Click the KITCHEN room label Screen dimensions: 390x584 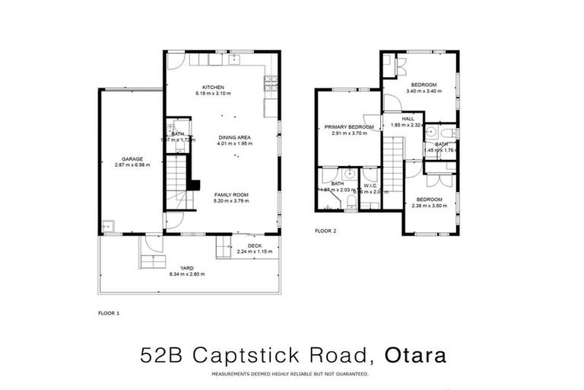[212, 87]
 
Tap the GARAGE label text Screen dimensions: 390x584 [132, 158]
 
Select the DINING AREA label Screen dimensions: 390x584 [233, 137]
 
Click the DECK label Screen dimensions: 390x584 [254, 246]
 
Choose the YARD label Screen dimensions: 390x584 [186, 267]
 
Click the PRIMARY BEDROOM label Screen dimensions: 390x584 [349, 127]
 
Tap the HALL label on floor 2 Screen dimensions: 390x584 [408, 119]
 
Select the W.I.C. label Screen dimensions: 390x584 [370, 185]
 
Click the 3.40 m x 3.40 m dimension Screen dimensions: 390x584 [424, 91]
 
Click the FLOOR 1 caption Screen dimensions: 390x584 [109, 312]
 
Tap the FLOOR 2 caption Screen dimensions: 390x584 [325, 230]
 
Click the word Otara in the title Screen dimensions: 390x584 [415, 356]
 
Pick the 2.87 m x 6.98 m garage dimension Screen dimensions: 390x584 [132, 165]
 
